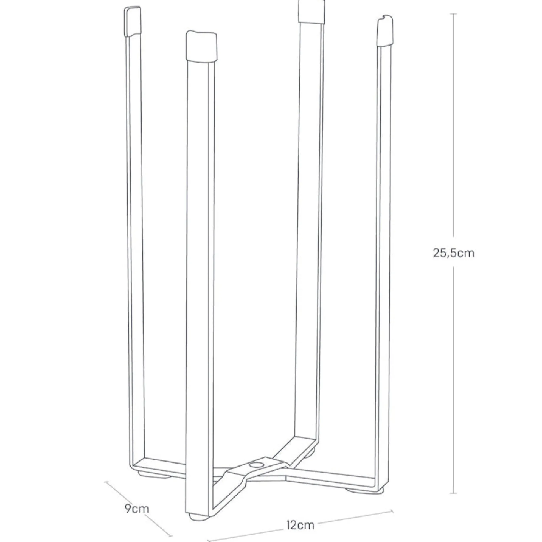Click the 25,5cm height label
coord(453,253)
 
